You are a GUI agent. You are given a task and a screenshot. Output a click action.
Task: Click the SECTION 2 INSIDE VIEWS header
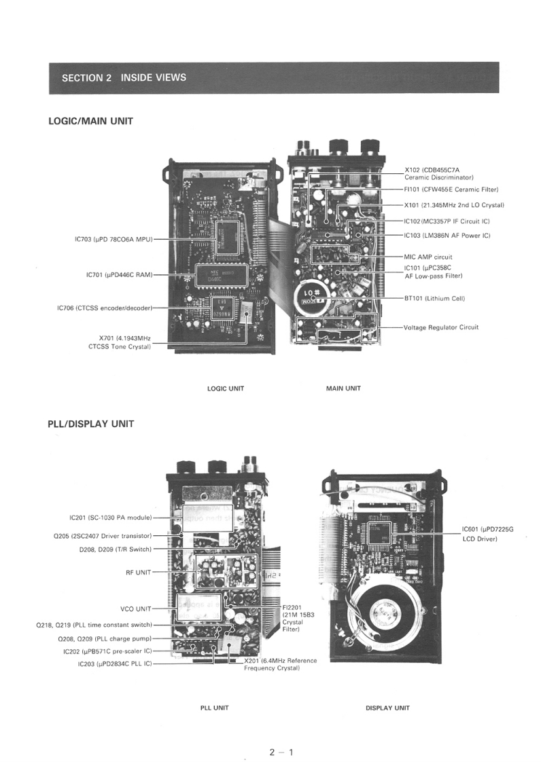(124, 77)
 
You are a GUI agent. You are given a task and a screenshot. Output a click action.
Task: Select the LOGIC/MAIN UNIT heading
(90, 121)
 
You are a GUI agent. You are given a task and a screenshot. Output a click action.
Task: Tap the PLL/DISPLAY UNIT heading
(90, 424)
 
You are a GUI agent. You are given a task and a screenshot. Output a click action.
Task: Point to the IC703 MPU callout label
(114, 239)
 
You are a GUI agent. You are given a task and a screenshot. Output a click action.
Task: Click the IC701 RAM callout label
(120, 274)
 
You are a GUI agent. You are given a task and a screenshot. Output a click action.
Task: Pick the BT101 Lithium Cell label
(434, 298)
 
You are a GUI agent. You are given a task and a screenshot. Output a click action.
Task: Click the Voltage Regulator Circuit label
(441, 327)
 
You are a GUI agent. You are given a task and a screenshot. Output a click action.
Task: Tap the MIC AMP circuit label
(427, 257)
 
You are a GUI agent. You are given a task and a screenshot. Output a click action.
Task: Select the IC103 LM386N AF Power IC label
(447, 235)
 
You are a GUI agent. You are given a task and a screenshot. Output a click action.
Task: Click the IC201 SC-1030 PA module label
(110, 517)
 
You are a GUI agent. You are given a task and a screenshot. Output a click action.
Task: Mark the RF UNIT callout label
(138, 572)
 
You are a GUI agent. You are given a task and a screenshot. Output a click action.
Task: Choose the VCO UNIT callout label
(135, 609)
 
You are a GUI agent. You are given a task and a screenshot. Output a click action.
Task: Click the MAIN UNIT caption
(343, 388)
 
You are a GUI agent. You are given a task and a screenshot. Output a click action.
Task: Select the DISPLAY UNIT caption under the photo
(387, 708)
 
